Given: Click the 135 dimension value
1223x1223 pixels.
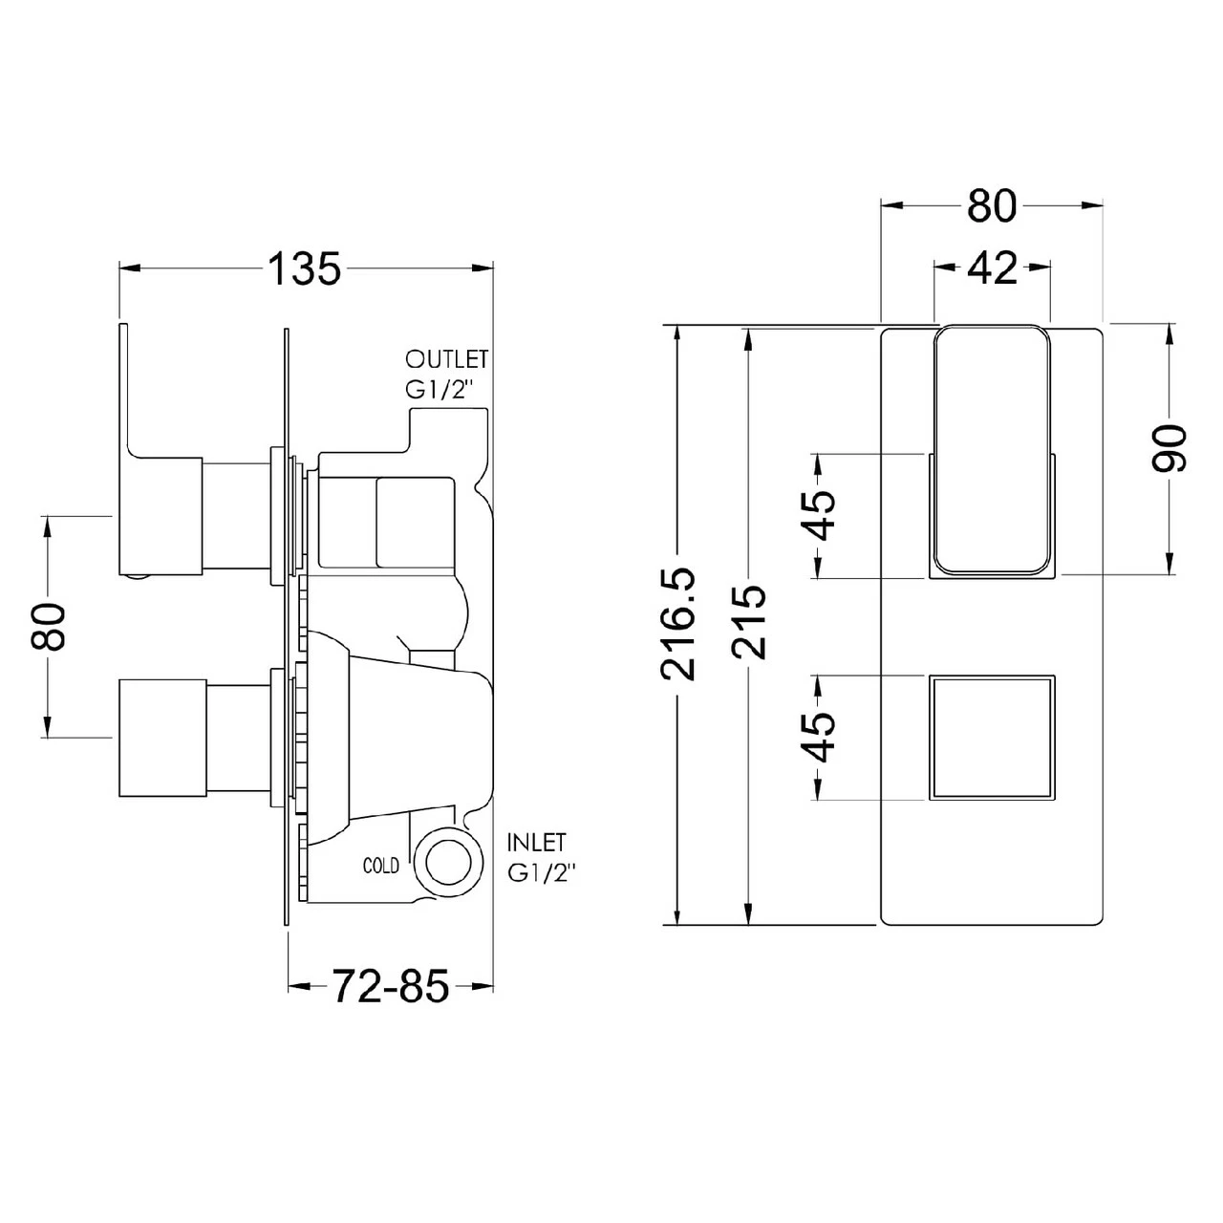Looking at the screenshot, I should pyautogui.click(x=303, y=269).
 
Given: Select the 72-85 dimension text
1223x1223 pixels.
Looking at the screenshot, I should pyautogui.click(x=390, y=985).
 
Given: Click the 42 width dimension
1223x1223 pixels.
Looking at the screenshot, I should pyautogui.click(x=992, y=269).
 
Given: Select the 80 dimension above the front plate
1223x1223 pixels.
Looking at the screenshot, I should pyautogui.click(x=992, y=204).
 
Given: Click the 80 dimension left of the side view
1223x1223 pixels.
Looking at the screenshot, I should pyautogui.click(x=48, y=626).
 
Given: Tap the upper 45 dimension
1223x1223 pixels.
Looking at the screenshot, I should pyautogui.click(x=819, y=515).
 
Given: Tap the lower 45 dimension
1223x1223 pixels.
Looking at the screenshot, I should pyautogui.click(x=819, y=737).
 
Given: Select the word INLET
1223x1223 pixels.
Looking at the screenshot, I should pyautogui.click(x=537, y=843).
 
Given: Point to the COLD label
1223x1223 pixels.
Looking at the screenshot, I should pyautogui.click(x=381, y=866).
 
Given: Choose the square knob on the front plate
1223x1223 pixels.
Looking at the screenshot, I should pyautogui.click(x=992, y=737).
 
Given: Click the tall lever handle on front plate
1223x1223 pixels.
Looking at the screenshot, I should pyautogui.click(x=992, y=449).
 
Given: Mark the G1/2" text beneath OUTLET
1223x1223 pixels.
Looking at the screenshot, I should pyautogui.click(x=440, y=391).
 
